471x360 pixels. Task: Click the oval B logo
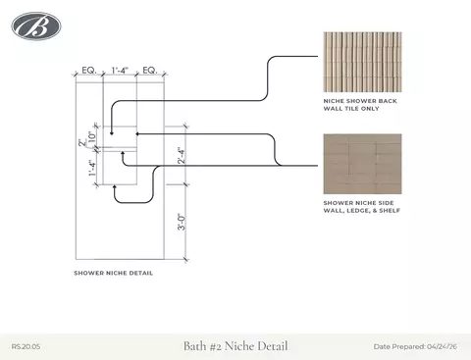36,26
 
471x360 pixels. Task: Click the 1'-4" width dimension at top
120,71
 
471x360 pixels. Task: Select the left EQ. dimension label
89,71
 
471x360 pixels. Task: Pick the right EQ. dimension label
150,71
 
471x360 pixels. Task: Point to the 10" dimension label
92,136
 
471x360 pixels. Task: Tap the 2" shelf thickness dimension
82,143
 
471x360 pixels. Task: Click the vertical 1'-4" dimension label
92,168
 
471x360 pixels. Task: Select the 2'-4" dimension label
182,155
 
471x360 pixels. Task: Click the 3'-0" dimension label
182,222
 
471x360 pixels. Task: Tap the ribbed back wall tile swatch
362,62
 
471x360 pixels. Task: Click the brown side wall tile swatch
362,164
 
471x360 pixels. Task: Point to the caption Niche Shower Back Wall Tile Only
360,105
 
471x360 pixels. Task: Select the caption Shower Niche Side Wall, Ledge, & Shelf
362,207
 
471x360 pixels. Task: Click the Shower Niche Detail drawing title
114,273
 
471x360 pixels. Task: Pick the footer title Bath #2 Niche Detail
235,346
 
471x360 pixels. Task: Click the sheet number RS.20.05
26,346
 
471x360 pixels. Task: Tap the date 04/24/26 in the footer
442,346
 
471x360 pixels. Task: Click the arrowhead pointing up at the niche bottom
115,186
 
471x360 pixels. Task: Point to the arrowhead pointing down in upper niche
112,133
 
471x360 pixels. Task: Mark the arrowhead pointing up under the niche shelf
123,153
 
